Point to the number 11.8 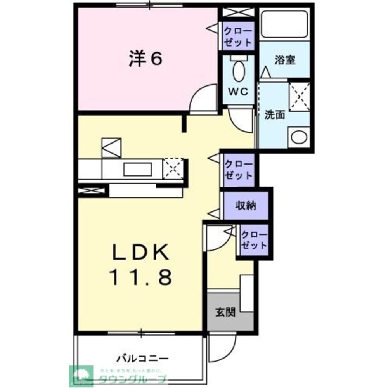pyautogui.click(x=140, y=277)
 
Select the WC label pyautogui.click(x=238, y=92)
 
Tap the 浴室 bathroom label pyautogui.click(x=285, y=60)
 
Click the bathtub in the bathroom pyautogui.click(x=285, y=24)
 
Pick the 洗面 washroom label pyautogui.click(x=275, y=114)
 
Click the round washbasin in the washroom pyautogui.click(x=299, y=137)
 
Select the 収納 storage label pyautogui.click(x=246, y=206)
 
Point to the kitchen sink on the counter pyautogui.click(x=137, y=170)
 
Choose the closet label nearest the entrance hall pyautogui.click(x=254, y=240)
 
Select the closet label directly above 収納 pyautogui.click(x=239, y=169)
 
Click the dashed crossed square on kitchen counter pyautogui.click(x=173, y=169)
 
